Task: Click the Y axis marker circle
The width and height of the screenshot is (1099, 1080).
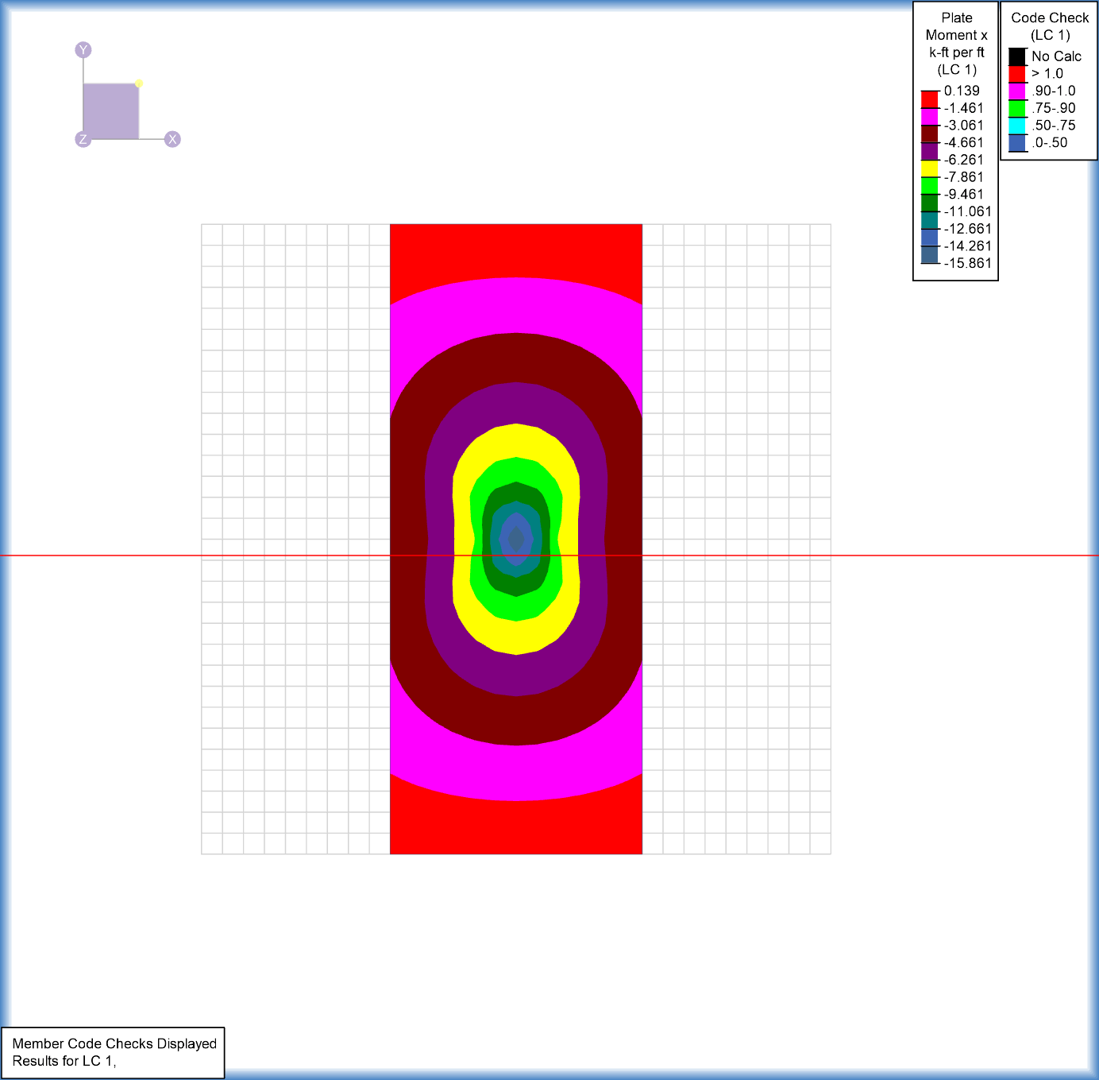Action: coord(83,49)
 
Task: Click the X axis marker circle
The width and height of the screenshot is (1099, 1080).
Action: coord(172,139)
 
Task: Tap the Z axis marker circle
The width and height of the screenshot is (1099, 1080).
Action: coord(83,139)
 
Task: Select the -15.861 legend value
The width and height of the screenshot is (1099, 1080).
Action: coord(967,263)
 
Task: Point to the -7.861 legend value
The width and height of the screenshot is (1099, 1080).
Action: coord(963,177)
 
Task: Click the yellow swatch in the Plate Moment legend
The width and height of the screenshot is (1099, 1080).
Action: coord(929,168)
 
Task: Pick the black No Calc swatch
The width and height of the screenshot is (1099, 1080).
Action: coord(1017,56)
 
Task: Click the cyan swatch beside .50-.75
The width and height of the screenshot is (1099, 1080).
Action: coord(1017,126)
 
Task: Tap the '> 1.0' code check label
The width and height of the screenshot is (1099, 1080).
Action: coord(1047,73)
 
